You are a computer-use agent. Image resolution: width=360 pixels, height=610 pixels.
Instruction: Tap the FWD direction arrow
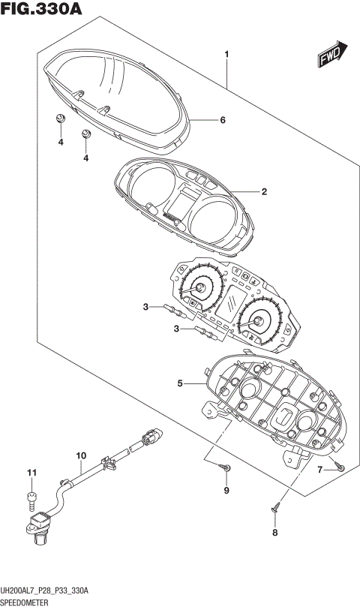pos(330,53)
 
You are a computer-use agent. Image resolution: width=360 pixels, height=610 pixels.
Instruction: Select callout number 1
pos(226,54)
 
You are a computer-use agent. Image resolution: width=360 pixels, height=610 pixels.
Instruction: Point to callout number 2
pos(264,192)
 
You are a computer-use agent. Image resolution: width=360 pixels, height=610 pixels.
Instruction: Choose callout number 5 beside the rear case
pos(180,383)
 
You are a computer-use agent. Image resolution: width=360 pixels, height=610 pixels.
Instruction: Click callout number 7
pos(319,470)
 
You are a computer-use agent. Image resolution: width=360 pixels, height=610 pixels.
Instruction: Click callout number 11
pos(31,472)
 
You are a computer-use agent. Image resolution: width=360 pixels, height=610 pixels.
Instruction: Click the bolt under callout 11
pos(31,496)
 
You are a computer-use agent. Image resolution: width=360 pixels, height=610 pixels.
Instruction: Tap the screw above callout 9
pos(226,469)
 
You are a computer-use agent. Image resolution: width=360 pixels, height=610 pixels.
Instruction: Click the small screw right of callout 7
pos(340,467)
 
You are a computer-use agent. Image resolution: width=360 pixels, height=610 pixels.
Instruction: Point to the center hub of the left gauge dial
pos(200,289)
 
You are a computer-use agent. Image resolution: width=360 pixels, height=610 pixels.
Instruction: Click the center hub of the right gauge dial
pos(257,323)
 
